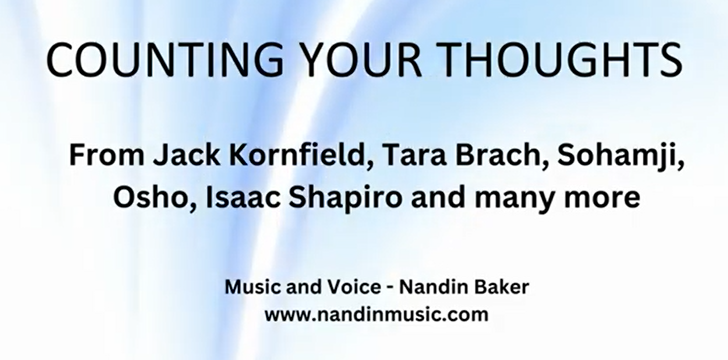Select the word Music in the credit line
[251, 287]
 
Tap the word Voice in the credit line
[354, 287]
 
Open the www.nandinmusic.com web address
[376, 315]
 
